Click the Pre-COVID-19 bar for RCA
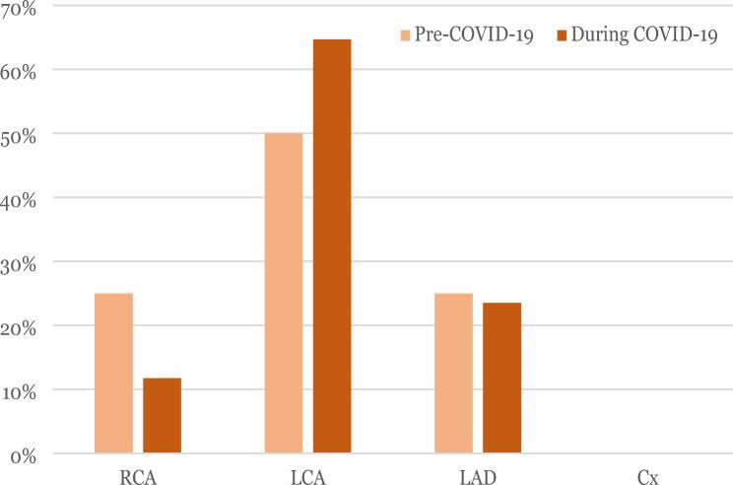coord(113,374)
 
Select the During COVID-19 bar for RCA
coord(162,416)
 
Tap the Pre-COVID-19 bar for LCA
coord(284,293)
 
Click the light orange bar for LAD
coord(453,374)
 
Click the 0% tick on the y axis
coord(21,455)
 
